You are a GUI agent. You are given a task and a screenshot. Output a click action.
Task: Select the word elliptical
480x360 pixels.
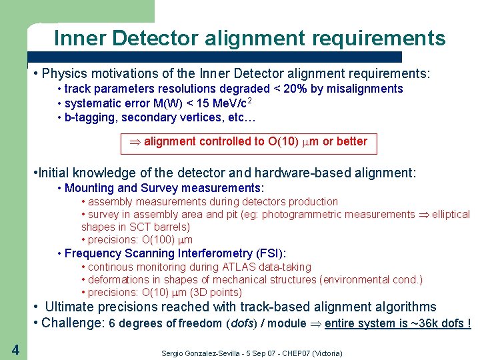click(x=451, y=215)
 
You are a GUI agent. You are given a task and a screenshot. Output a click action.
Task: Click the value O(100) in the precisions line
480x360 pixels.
click(x=159, y=240)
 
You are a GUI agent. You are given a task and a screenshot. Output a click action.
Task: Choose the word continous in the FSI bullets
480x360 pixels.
click(x=111, y=267)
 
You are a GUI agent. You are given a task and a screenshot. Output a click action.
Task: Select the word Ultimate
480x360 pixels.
click(x=71, y=307)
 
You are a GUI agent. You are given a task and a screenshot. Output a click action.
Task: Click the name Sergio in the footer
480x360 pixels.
click(x=174, y=353)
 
